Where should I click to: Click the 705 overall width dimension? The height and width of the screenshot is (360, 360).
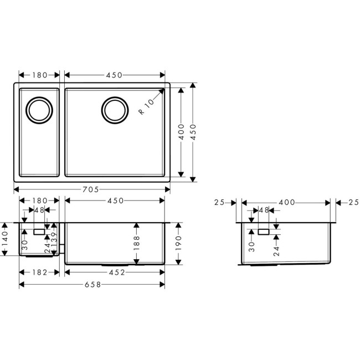coord(92,189)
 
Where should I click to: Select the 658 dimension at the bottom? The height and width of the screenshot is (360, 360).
coord(92,285)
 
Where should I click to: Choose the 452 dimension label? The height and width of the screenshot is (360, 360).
coord(115,272)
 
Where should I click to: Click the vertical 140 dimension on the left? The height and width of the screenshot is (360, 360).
coord(6,239)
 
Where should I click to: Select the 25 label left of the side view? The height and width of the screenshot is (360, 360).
coord(220,202)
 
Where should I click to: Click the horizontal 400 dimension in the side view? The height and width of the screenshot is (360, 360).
coord(286,202)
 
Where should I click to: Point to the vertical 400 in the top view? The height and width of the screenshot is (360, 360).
coord(181,133)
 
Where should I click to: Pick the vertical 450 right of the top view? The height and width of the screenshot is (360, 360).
coord(193,133)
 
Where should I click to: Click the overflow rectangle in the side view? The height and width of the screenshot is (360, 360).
coord(263,231)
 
